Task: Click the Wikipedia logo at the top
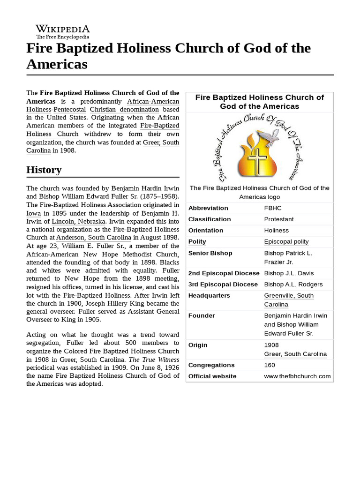pos(63,31)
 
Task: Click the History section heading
pos(44,170)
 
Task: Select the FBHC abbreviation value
pos(273,208)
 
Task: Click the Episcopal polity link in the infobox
pos(286,242)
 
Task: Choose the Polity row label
pos(197,242)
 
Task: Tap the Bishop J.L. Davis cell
pos(289,273)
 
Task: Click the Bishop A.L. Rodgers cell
pos(293,285)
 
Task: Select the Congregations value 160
pos(270,365)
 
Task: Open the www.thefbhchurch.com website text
pos(297,376)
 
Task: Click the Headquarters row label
pos(209,296)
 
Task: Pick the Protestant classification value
pos(279,219)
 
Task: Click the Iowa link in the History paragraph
pos(34,213)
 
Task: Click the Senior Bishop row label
pos(210,253)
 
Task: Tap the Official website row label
pos(212,376)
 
